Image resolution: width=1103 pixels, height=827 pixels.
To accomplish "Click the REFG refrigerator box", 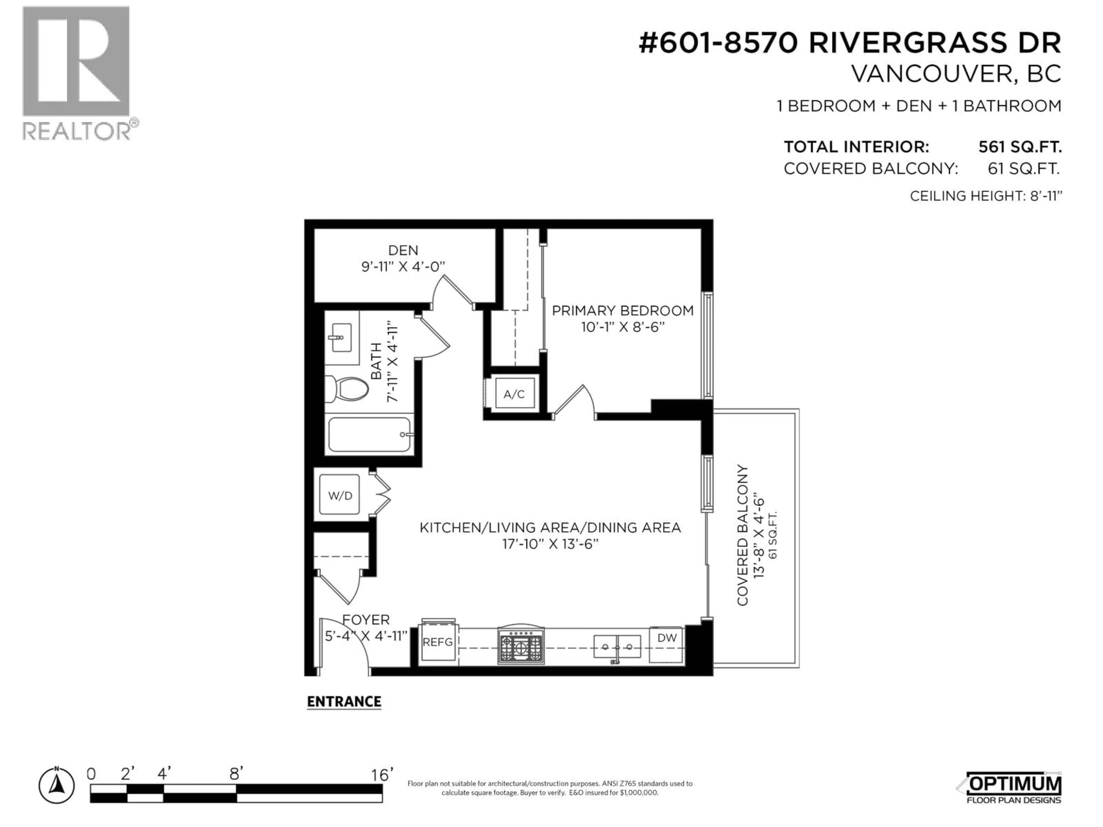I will click(437, 643).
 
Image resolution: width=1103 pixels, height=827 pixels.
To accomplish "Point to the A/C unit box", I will click(514, 394).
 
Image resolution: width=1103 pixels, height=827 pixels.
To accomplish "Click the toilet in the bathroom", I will click(347, 389).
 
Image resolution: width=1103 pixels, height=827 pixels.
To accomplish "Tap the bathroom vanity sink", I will click(342, 337).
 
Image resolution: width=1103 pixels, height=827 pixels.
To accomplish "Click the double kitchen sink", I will click(617, 647).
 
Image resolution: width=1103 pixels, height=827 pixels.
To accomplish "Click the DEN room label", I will click(403, 250).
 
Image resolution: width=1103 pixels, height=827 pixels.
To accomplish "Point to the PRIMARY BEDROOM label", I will click(622, 311).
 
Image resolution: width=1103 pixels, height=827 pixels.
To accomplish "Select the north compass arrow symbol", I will click(57, 787).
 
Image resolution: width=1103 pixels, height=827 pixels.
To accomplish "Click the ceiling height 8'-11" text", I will click(986, 196).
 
